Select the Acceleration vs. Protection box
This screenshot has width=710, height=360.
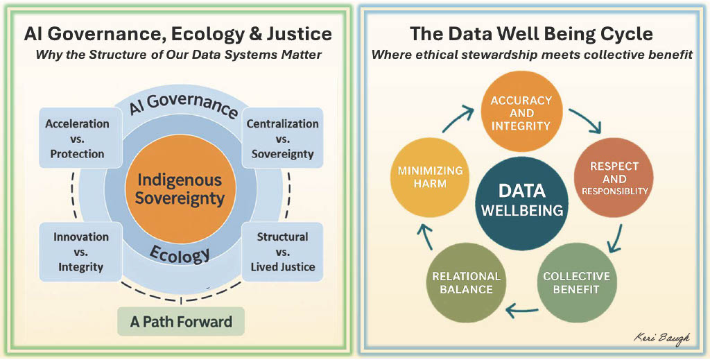tap(77, 138)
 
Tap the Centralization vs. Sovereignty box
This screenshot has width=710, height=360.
tap(282, 138)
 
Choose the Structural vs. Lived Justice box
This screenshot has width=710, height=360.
tap(282, 252)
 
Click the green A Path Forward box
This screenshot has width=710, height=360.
tap(181, 322)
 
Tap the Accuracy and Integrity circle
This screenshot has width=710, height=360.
tap(521, 112)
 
